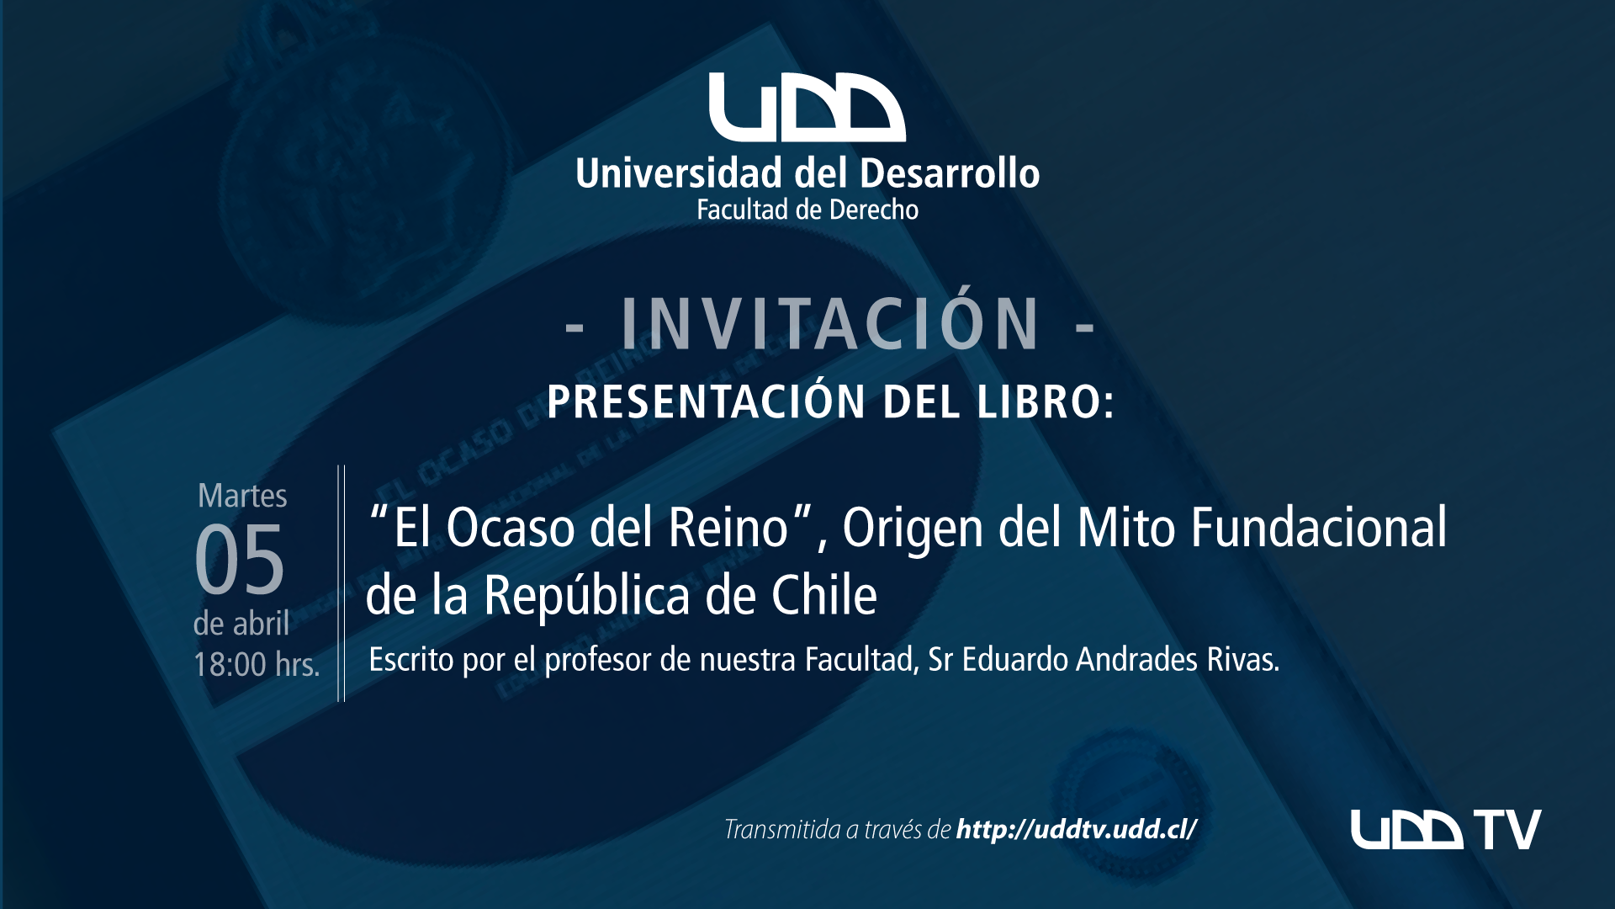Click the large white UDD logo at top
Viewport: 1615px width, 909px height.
pyautogui.click(x=807, y=107)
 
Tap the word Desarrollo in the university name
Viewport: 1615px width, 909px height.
pyautogui.click(x=950, y=173)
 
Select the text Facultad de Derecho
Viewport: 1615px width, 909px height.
pyautogui.click(x=807, y=210)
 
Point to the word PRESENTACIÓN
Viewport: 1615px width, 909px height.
pyautogui.click(x=707, y=401)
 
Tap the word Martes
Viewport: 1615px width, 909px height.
pyautogui.click(x=242, y=496)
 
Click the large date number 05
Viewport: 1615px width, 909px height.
pyautogui.click(x=240, y=558)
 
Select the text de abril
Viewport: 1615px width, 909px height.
pyautogui.click(x=241, y=624)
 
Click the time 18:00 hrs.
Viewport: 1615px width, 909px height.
pyautogui.click(x=257, y=664)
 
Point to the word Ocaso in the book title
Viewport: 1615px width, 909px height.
pyautogui.click(x=510, y=528)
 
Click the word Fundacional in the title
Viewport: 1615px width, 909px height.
pyautogui.click(x=1319, y=528)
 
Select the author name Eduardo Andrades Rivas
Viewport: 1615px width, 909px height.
pyautogui.click(x=1120, y=660)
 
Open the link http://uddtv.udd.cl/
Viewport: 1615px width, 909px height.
pyautogui.click(x=1077, y=830)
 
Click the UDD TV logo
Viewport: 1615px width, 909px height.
pyautogui.click(x=1446, y=830)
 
